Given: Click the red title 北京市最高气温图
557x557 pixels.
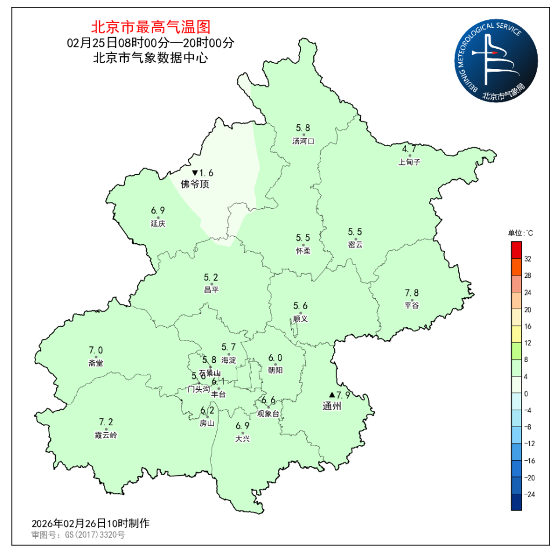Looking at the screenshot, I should (150, 27).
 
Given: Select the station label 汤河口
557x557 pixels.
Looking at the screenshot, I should (303, 141).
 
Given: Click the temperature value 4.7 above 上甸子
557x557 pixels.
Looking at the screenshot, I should (409, 149).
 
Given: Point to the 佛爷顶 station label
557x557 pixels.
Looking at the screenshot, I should (194, 185).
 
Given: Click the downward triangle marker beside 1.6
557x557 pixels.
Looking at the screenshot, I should (195, 173).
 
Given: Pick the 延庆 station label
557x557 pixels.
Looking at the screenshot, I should (158, 224).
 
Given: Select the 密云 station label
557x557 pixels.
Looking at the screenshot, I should (355, 245).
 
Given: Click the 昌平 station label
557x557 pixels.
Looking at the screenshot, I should (211, 290).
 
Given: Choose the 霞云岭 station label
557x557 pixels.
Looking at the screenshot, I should (106, 435).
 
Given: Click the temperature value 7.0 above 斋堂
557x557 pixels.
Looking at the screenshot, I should (96, 350).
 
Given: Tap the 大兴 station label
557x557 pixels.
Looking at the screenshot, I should (243, 439).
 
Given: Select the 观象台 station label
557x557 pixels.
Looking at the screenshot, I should (268, 414).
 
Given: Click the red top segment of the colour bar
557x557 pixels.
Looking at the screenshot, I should (516, 250).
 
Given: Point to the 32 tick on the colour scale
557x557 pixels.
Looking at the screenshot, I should (528, 259).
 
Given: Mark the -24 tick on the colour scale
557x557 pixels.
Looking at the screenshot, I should (529, 494).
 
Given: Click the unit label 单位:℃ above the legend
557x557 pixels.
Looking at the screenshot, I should (520, 233).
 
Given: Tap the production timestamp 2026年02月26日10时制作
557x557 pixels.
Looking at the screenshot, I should (91, 523).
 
